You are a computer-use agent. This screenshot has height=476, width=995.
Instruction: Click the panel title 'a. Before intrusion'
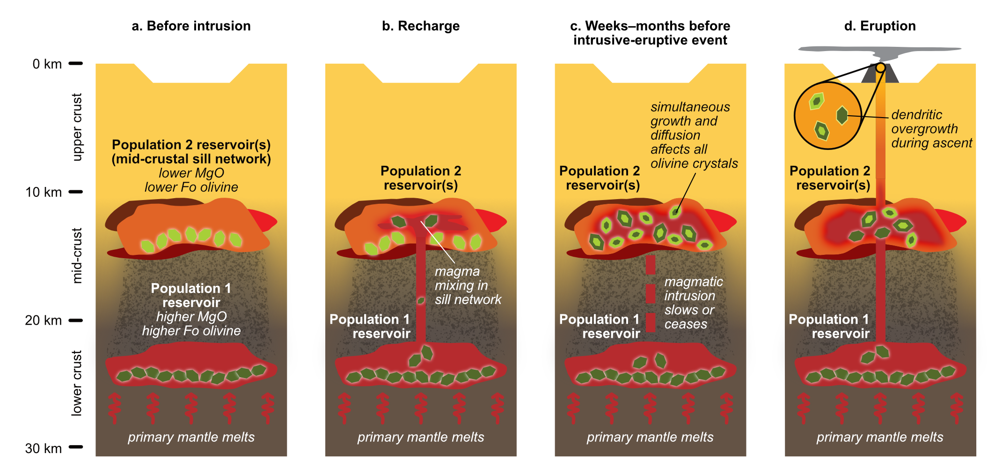(x=191, y=26)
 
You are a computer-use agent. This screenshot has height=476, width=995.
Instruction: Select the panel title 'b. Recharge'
(x=420, y=26)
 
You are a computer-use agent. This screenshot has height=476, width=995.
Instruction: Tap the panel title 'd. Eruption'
(x=880, y=26)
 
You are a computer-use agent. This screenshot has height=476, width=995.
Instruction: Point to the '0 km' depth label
(x=47, y=64)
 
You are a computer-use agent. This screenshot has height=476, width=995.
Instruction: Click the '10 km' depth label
(x=44, y=192)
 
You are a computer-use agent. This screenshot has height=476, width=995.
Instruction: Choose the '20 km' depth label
(x=44, y=320)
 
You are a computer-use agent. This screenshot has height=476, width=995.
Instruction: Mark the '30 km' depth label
(x=44, y=448)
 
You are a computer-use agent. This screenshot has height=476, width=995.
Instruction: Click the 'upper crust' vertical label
(x=77, y=127)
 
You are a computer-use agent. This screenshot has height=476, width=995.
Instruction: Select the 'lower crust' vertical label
(x=77, y=383)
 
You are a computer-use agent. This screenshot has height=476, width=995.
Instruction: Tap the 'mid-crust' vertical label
(x=77, y=255)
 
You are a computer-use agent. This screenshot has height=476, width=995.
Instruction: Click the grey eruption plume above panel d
(x=880, y=51)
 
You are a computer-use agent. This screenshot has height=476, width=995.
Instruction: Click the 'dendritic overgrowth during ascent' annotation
(x=931, y=129)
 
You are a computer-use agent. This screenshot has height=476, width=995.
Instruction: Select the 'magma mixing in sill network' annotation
(x=467, y=285)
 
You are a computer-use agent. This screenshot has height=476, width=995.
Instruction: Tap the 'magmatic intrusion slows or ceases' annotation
(x=693, y=303)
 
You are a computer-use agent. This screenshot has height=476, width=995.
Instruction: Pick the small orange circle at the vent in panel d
(x=880, y=67)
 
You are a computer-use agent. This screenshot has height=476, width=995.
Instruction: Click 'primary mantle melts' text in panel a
(x=191, y=437)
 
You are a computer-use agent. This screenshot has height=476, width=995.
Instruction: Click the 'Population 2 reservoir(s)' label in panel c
(x=600, y=178)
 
